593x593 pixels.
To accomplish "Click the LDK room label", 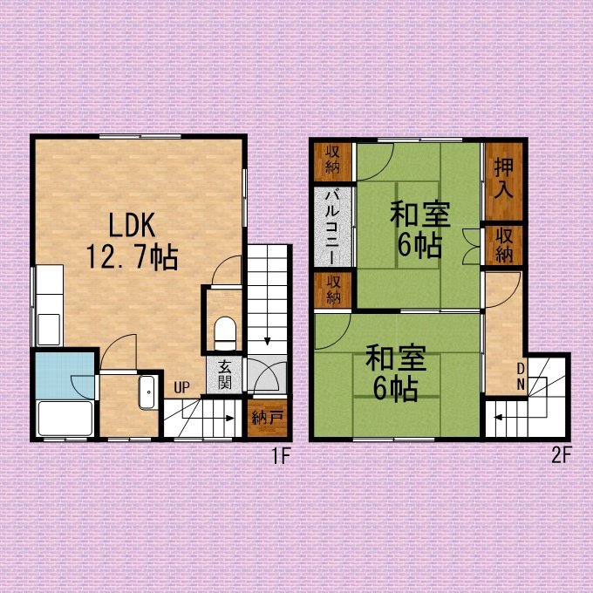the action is (x=132, y=225).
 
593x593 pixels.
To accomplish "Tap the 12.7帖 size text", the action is (x=133, y=256).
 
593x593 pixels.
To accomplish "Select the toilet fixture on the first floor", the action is (x=225, y=333).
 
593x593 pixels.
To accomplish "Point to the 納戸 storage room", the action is (x=268, y=419).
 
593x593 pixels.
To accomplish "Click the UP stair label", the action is (x=181, y=387).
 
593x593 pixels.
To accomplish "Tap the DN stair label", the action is (x=521, y=377).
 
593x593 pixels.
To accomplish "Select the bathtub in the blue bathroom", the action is (x=65, y=419).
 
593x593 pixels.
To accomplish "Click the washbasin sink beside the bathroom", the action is (x=147, y=392).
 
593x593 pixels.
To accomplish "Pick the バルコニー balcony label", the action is (x=332, y=226).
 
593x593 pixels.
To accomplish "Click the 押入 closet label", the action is (x=503, y=178).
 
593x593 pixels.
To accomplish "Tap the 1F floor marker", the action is (x=281, y=456).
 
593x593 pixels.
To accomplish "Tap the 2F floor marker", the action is (x=560, y=455).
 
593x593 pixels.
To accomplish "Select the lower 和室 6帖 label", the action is (x=396, y=372).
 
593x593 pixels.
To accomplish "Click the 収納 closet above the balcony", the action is (x=333, y=161).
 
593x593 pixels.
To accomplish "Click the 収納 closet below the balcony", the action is (x=333, y=290).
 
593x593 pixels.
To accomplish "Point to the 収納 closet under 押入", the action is (x=504, y=245).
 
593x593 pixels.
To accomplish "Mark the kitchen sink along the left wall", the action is (x=49, y=329).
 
